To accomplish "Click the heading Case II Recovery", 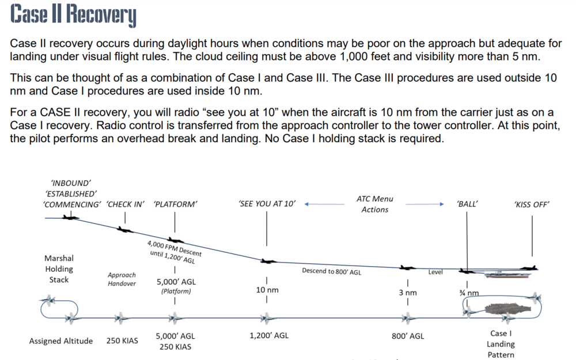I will pyautogui.click(x=73, y=16).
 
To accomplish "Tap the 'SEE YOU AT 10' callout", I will pyautogui.click(x=267, y=204).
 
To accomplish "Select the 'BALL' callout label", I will pyautogui.click(x=467, y=204).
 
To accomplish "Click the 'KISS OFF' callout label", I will pyautogui.click(x=531, y=204).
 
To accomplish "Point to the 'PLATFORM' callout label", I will pyautogui.click(x=176, y=204).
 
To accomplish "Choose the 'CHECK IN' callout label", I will pyautogui.click(x=126, y=204).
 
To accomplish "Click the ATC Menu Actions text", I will pyautogui.click(x=375, y=204).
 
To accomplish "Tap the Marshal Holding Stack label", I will pyautogui.click(x=59, y=269).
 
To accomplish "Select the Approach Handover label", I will pyautogui.click(x=122, y=279).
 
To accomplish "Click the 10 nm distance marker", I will pyautogui.click(x=267, y=290).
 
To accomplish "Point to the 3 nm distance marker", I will pyautogui.click(x=407, y=293).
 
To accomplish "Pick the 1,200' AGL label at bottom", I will pyautogui.click(x=269, y=336).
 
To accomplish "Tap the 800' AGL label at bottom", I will pyautogui.click(x=408, y=336).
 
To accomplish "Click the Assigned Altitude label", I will pyautogui.click(x=61, y=341).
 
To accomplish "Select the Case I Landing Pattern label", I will pyautogui.click(x=501, y=344).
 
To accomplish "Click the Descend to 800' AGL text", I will pyautogui.click(x=331, y=272).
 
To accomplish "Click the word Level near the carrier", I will pyautogui.click(x=435, y=272).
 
